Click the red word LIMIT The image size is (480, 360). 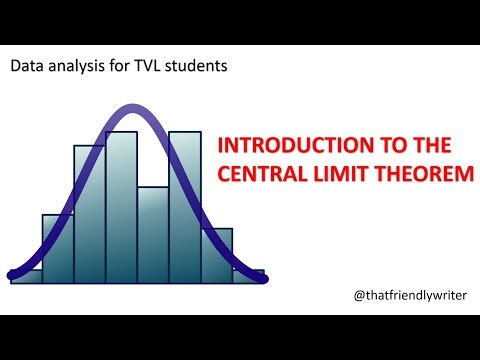[x=338, y=173]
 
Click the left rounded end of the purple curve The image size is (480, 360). [x=11, y=272]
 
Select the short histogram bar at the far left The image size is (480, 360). [x=26, y=276]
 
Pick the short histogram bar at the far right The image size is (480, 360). [x=248, y=276]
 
